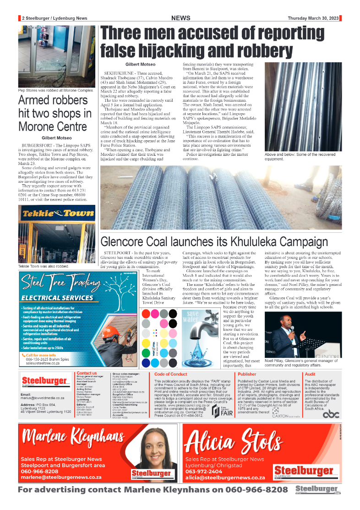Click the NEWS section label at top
(x=181, y=18)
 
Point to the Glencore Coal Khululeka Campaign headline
(x=214, y=242)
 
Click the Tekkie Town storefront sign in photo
(x=56, y=214)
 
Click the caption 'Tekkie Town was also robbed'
(x=44, y=266)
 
